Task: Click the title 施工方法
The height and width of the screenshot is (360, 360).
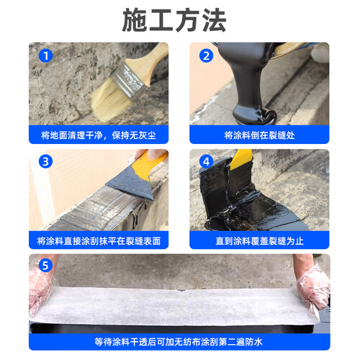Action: click(174, 20)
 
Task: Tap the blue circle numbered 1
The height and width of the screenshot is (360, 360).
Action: click(45, 56)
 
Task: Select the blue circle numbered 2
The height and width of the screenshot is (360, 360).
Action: click(206, 56)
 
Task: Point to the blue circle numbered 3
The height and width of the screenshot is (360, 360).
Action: click(45, 161)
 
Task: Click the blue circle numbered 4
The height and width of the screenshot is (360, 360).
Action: click(206, 161)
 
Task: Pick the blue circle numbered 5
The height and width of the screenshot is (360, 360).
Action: click(45, 266)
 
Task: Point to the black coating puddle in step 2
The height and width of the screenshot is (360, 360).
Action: click(254, 114)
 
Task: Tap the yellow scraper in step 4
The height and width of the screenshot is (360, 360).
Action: click(241, 158)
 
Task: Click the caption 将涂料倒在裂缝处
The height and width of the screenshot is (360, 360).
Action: click(259, 135)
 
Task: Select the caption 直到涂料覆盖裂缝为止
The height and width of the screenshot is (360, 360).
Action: click(259, 241)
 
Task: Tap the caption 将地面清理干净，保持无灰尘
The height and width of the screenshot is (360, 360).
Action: click(99, 135)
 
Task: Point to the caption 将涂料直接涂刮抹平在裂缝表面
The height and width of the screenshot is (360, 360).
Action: click(99, 241)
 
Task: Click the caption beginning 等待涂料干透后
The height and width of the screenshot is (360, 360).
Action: click(179, 342)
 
